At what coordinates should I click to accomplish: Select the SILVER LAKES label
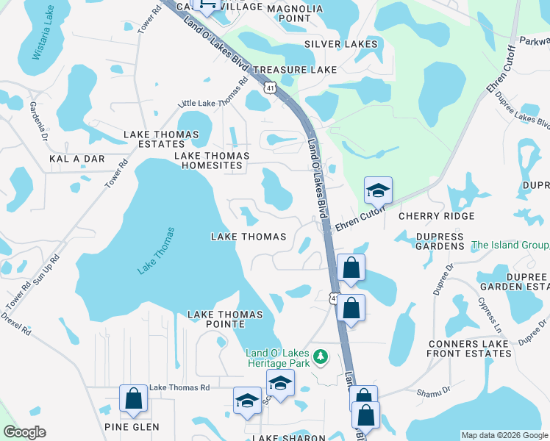(340, 44)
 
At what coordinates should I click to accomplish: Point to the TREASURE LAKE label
(294, 70)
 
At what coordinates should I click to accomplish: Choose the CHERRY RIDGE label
(436, 216)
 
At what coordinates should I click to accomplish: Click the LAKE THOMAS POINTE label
(225, 320)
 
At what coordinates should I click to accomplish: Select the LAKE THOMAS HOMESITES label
(212, 160)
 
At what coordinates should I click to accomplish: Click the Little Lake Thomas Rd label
(209, 102)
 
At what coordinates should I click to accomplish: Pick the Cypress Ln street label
(488, 313)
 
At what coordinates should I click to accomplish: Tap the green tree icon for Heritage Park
(320, 357)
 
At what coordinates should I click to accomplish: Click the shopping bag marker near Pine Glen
(134, 398)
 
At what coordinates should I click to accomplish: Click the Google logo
(24, 432)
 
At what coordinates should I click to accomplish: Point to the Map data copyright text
(504, 435)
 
